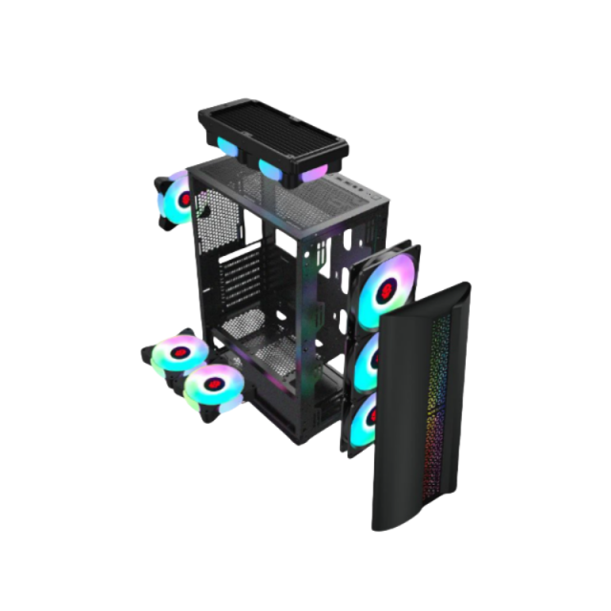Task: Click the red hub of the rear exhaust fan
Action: coord(184,200)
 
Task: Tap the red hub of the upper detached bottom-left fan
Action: coord(174,352)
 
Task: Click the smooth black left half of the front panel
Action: coord(401,420)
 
